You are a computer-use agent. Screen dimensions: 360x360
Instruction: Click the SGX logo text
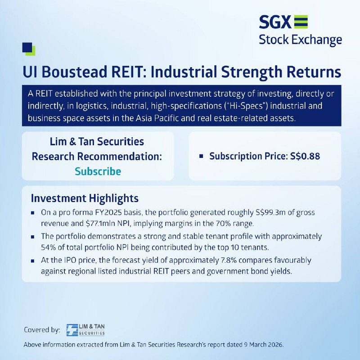tap(275, 22)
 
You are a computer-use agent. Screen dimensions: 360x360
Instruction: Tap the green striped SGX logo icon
tap(301, 22)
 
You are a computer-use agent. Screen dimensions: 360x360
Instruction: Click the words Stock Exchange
tap(300, 40)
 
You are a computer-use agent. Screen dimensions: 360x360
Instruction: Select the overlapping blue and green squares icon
tap(29, 49)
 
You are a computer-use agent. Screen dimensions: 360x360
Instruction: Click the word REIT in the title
tap(129, 72)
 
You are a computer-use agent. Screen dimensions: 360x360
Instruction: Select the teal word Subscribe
tap(98, 171)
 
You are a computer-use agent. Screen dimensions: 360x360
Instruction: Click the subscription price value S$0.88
tap(305, 156)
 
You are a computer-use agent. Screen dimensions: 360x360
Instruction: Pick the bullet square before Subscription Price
tap(201, 156)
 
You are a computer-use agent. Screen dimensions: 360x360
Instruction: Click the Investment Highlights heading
tap(85, 198)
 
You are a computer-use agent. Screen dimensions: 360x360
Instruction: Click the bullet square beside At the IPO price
tap(32, 261)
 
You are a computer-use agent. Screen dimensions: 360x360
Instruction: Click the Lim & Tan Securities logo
tap(85, 330)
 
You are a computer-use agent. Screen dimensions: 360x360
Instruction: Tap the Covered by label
tap(42, 330)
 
